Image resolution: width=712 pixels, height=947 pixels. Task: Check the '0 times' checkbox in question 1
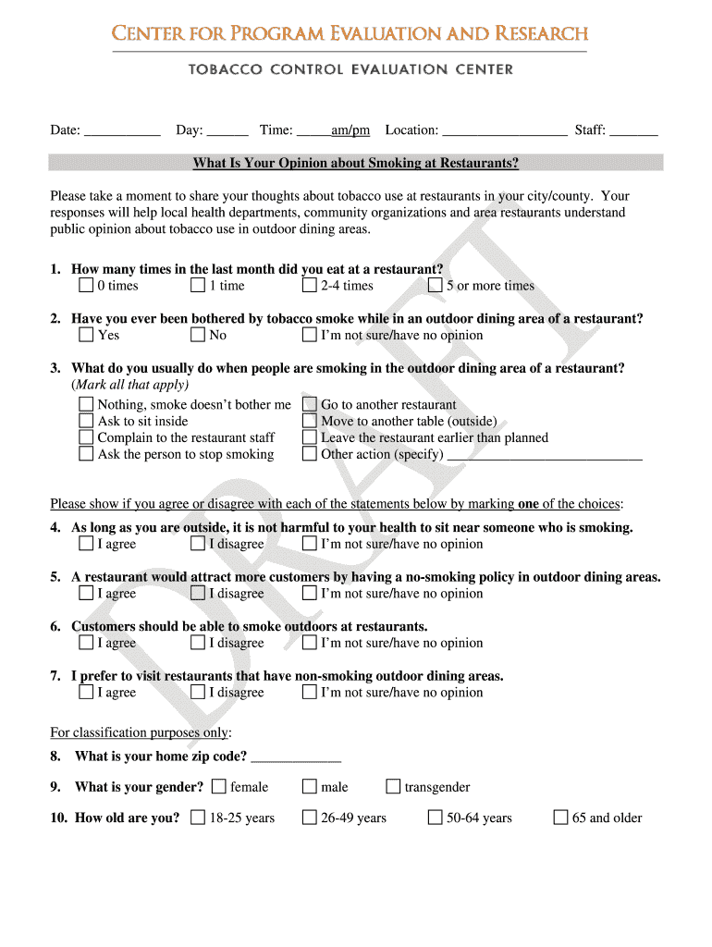(86, 286)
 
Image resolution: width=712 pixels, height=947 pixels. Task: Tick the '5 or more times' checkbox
(435, 286)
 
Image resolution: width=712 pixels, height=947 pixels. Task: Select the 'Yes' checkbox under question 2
(86, 335)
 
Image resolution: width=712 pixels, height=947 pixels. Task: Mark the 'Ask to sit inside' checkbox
(86, 421)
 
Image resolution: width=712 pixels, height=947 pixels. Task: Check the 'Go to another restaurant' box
(310, 404)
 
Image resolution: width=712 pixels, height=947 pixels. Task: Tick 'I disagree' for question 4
(198, 544)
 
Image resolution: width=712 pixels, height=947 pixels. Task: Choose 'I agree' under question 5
(86, 594)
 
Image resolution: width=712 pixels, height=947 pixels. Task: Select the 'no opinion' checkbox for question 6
(310, 643)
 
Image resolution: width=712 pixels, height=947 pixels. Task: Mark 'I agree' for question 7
(86, 693)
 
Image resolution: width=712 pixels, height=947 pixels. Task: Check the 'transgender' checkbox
(393, 787)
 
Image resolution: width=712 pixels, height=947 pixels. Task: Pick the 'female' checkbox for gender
(219, 787)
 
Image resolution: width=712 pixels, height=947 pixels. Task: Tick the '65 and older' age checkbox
(560, 818)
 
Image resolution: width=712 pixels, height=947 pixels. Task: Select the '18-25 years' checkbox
(198, 818)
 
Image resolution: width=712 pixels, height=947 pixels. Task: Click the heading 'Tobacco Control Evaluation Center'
(350, 69)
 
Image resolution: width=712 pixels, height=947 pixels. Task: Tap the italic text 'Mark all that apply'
(130, 385)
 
